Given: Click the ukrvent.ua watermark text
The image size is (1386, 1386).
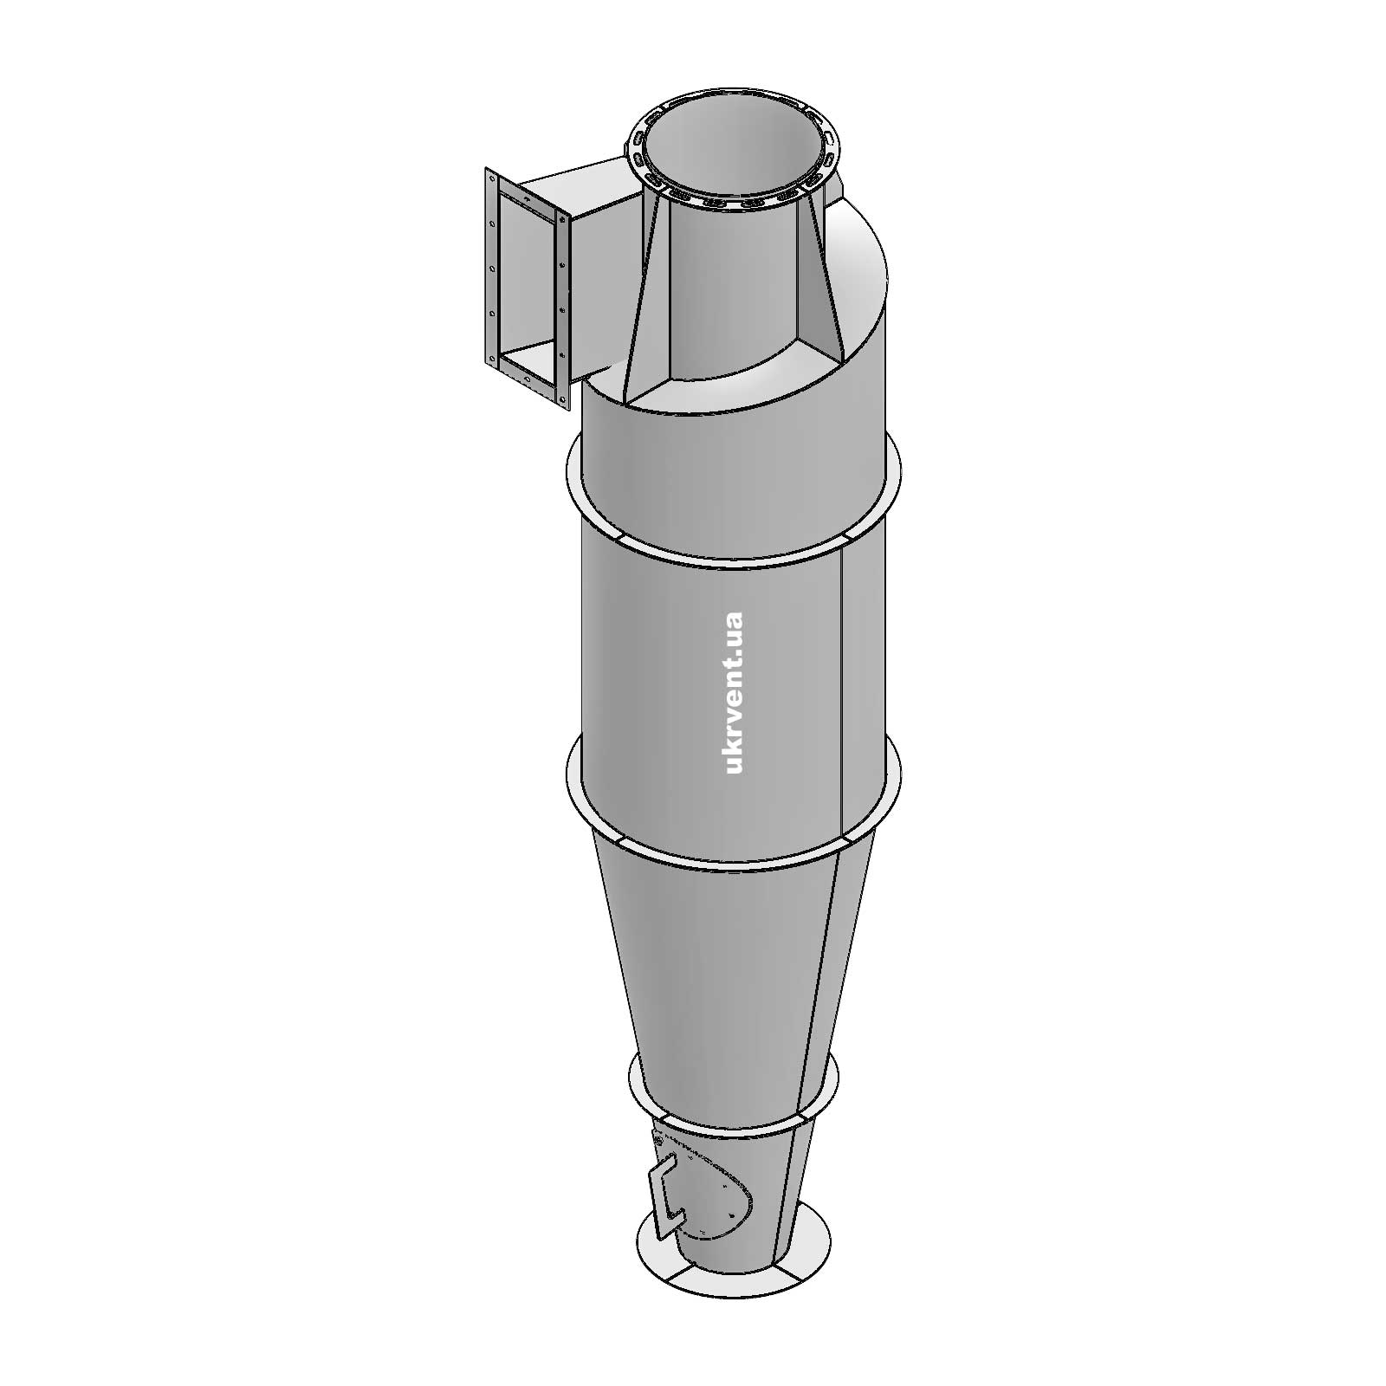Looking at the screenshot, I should [733, 692].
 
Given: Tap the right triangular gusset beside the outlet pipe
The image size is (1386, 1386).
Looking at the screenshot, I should [828, 286].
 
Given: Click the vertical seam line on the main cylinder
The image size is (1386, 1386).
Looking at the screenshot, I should [842, 693].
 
